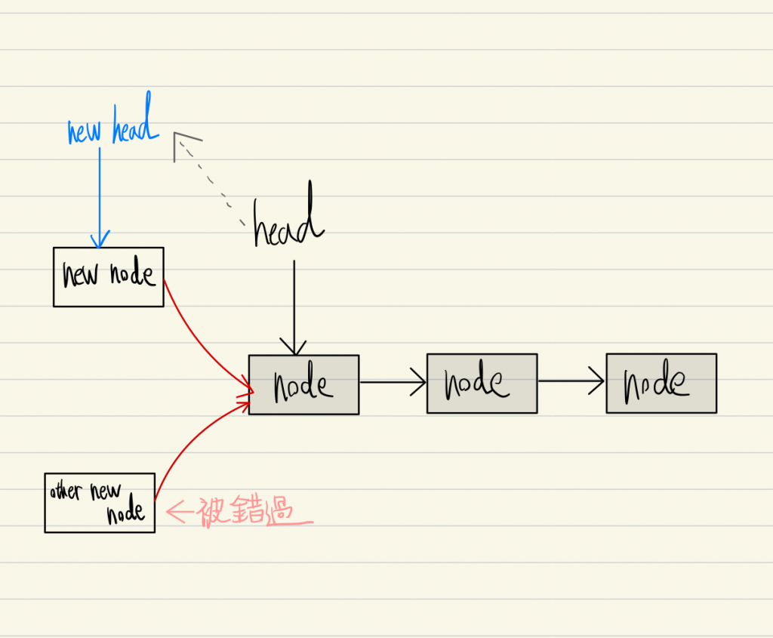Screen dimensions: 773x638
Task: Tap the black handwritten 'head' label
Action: tap(288, 223)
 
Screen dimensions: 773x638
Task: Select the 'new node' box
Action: tap(109, 276)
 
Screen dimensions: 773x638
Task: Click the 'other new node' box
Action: tap(100, 503)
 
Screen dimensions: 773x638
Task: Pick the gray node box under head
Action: tap(303, 384)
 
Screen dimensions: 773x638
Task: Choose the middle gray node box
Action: tap(482, 384)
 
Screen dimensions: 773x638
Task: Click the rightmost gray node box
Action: tap(661, 383)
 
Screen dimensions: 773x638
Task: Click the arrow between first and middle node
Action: tap(393, 382)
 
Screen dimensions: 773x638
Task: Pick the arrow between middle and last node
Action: tap(571, 382)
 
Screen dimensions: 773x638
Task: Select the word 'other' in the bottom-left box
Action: tap(66, 491)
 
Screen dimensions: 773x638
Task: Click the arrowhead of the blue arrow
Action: tap(99, 241)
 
